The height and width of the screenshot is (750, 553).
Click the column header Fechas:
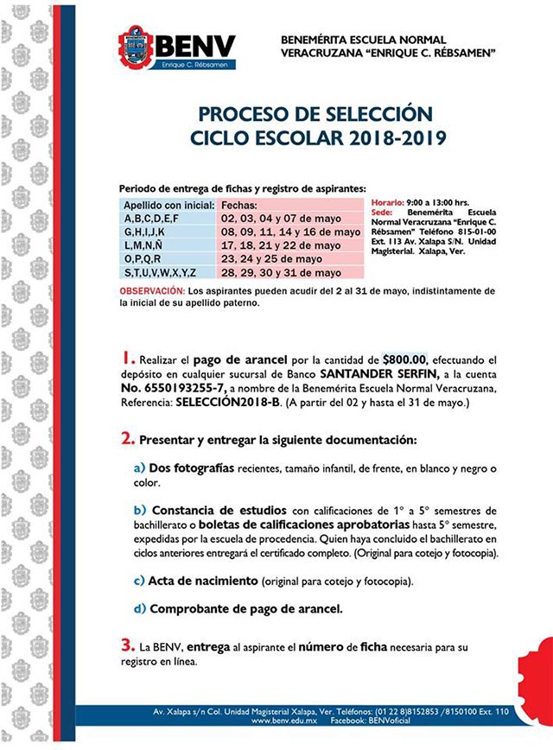click(242, 207)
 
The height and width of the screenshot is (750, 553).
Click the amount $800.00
click(410, 359)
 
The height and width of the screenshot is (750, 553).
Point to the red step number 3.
click(127, 645)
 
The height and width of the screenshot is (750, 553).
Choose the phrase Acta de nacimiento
click(205, 580)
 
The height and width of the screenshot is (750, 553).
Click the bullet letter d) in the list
click(140, 608)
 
